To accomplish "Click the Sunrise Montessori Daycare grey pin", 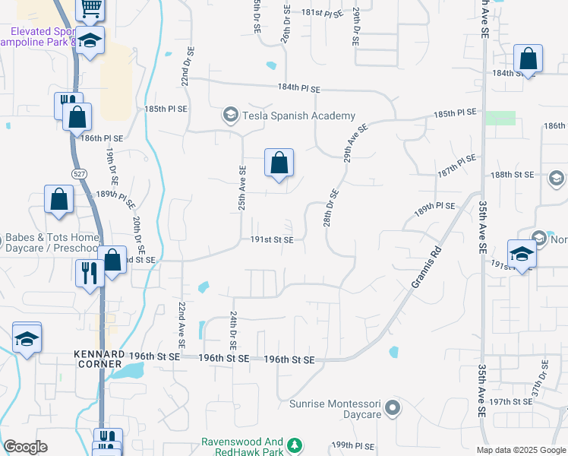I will (x=393, y=409).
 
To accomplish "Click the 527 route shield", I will (x=80, y=174).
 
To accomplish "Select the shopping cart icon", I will (x=90, y=8).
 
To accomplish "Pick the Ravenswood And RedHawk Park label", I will (x=241, y=446).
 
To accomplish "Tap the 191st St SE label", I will (x=272, y=239).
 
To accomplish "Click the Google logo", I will (x=26, y=447).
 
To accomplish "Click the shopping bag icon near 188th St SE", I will (x=279, y=162).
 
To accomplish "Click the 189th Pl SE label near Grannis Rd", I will (x=434, y=207).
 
